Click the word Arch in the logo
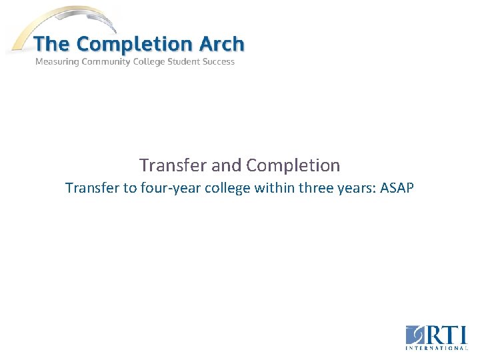(221, 44)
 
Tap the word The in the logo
(51, 44)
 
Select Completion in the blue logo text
(133, 44)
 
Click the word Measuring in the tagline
(57, 62)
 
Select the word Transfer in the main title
(164, 165)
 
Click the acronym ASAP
(397, 188)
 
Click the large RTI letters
(445, 335)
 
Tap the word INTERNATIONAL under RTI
(437, 347)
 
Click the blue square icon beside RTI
(414, 335)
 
